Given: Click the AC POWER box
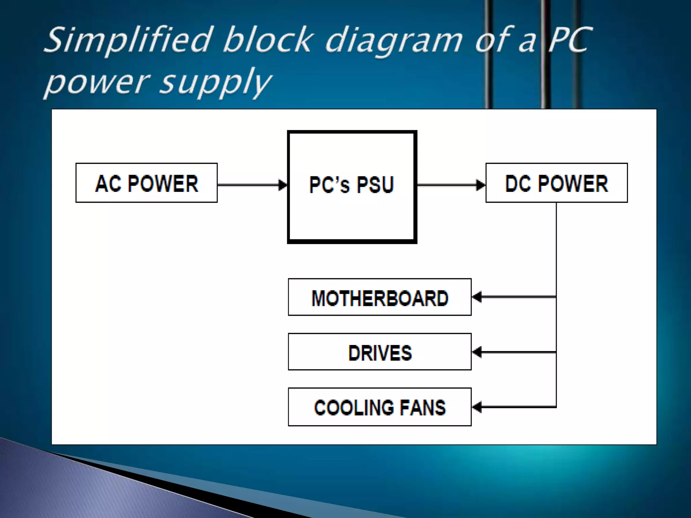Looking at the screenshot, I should (x=146, y=183).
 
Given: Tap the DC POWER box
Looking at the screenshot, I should (x=556, y=183).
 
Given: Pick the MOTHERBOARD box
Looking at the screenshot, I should (x=380, y=297).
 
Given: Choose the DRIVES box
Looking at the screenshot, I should (x=380, y=352).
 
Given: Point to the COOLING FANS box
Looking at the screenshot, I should (x=380, y=407).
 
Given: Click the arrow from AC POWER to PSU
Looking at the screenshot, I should (x=251, y=185).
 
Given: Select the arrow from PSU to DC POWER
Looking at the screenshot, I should (x=451, y=185).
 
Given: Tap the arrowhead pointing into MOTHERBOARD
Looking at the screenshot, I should (x=476, y=297).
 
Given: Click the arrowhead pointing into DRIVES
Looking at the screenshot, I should (x=476, y=352).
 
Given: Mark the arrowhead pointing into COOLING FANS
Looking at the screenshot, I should (x=476, y=407).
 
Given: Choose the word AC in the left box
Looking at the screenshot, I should (x=108, y=184).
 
